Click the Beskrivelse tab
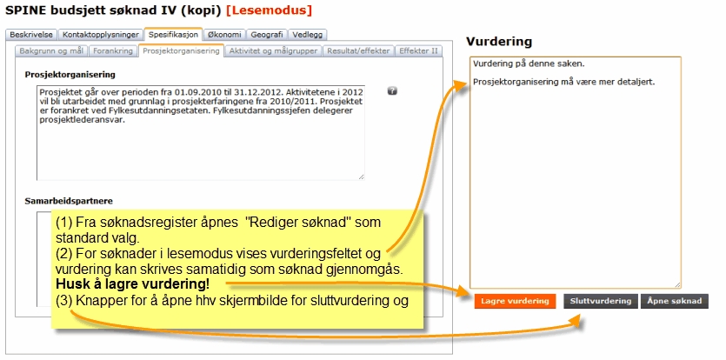(x=31, y=35)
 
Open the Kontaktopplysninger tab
(x=101, y=35)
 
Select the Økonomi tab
(x=224, y=35)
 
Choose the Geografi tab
(x=267, y=35)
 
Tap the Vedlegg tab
(x=308, y=35)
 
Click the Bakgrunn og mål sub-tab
(x=51, y=51)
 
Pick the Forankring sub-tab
(x=113, y=51)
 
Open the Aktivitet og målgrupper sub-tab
(x=273, y=51)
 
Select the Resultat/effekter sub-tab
(x=358, y=51)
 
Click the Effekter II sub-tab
(x=418, y=51)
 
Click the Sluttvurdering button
(x=601, y=301)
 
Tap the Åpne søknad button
(x=675, y=301)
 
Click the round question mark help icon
(x=392, y=91)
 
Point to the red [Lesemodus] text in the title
(x=269, y=10)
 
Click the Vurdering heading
(x=499, y=42)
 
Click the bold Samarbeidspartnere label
(x=69, y=201)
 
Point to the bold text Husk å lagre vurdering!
(x=132, y=284)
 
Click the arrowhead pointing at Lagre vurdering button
(x=464, y=290)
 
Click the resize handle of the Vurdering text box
(x=677, y=284)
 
